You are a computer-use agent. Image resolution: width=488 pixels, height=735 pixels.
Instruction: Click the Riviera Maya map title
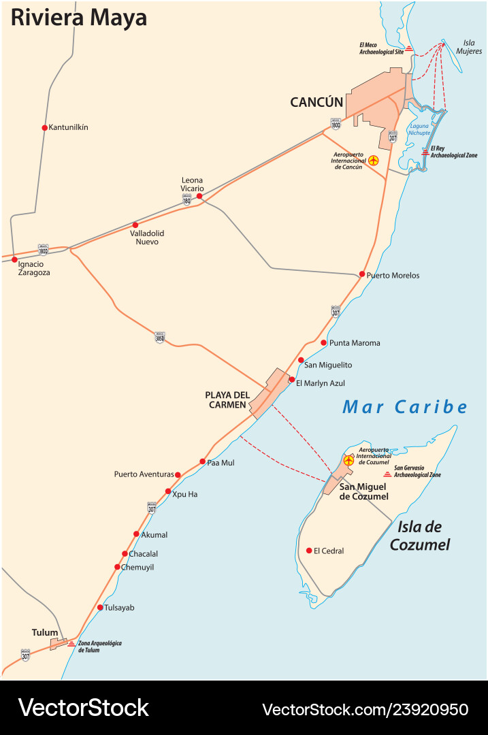pos(79,18)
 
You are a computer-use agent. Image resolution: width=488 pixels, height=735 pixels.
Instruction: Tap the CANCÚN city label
pos(316,102)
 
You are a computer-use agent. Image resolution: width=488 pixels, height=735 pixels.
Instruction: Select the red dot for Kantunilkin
pos(44,127)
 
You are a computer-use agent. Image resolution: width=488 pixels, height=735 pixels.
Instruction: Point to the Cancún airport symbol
pos(373,161)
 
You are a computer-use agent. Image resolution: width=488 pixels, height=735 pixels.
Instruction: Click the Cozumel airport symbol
pos(349,461)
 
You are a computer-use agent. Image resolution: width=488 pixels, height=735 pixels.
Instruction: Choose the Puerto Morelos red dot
pos(362,274)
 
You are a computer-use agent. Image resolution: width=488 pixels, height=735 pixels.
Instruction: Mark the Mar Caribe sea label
pos(405,407)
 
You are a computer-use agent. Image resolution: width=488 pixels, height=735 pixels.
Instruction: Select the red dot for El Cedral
pos(309,551)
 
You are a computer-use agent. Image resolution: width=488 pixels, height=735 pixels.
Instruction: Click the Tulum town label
pos(45,632)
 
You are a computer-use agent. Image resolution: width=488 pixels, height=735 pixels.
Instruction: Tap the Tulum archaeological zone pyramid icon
pos(71,642)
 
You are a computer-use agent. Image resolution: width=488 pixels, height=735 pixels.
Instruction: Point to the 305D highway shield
pos(160,337)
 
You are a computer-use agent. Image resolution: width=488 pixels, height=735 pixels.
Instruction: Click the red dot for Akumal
pos(136,534)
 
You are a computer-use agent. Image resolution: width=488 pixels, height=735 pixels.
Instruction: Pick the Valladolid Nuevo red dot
pos(135,225)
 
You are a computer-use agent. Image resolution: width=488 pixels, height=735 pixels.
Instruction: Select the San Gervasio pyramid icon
pos(387,474)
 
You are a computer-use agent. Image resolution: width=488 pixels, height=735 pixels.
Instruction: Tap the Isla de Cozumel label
pos(420,535)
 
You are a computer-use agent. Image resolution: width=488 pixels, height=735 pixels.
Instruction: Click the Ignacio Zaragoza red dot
pos(14,259)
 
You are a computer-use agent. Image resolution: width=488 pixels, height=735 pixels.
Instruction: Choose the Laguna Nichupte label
pos(419,129)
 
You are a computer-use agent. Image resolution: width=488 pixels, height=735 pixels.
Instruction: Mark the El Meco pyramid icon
pos(409,48)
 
